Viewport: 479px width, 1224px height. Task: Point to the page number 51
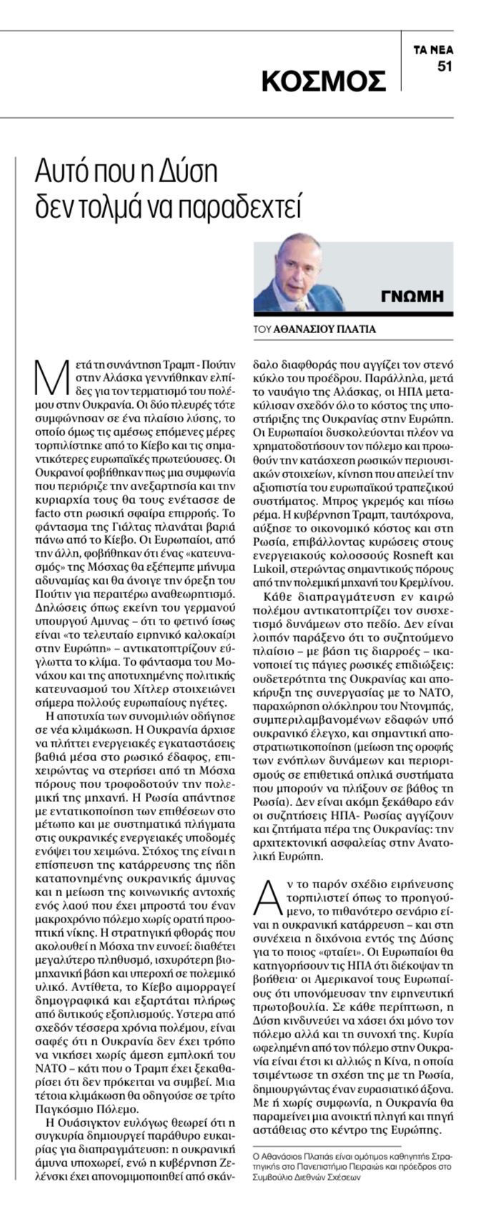[x=445, y=66]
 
